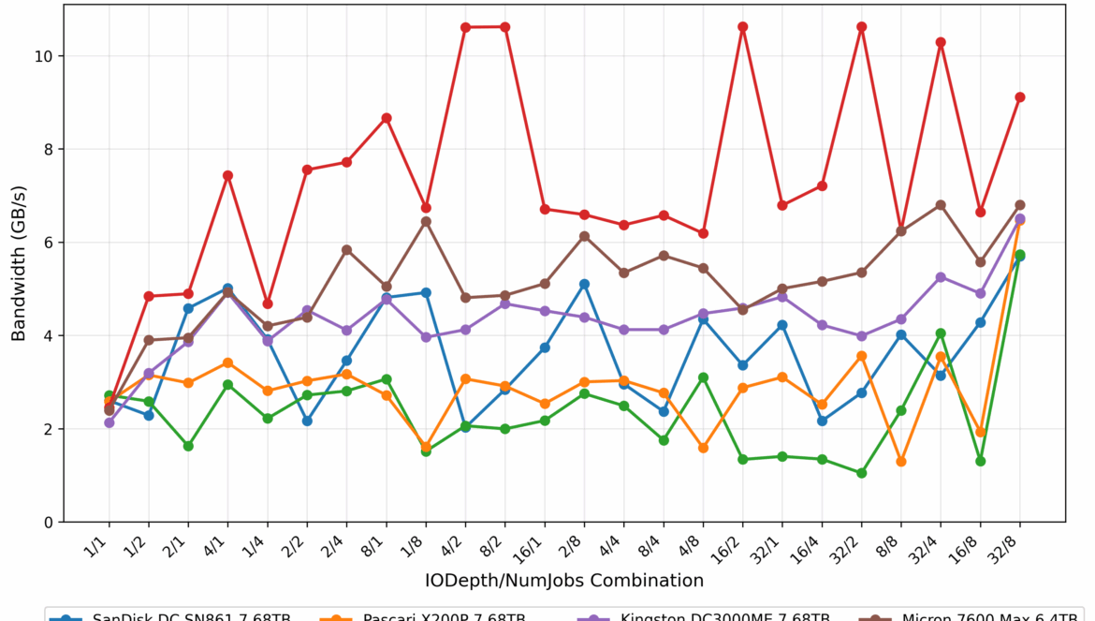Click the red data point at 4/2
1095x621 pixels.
465,27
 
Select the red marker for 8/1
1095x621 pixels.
386,118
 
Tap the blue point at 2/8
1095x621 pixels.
584,284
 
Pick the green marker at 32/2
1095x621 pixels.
861,473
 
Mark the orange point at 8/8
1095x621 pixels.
901,462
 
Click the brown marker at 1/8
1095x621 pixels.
426,222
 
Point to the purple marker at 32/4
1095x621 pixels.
941,277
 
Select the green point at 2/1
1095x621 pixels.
188,446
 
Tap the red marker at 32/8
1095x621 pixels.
1020,97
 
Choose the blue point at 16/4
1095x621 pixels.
822,421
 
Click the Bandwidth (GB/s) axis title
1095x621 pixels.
19,262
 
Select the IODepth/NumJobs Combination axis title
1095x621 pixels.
563,581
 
